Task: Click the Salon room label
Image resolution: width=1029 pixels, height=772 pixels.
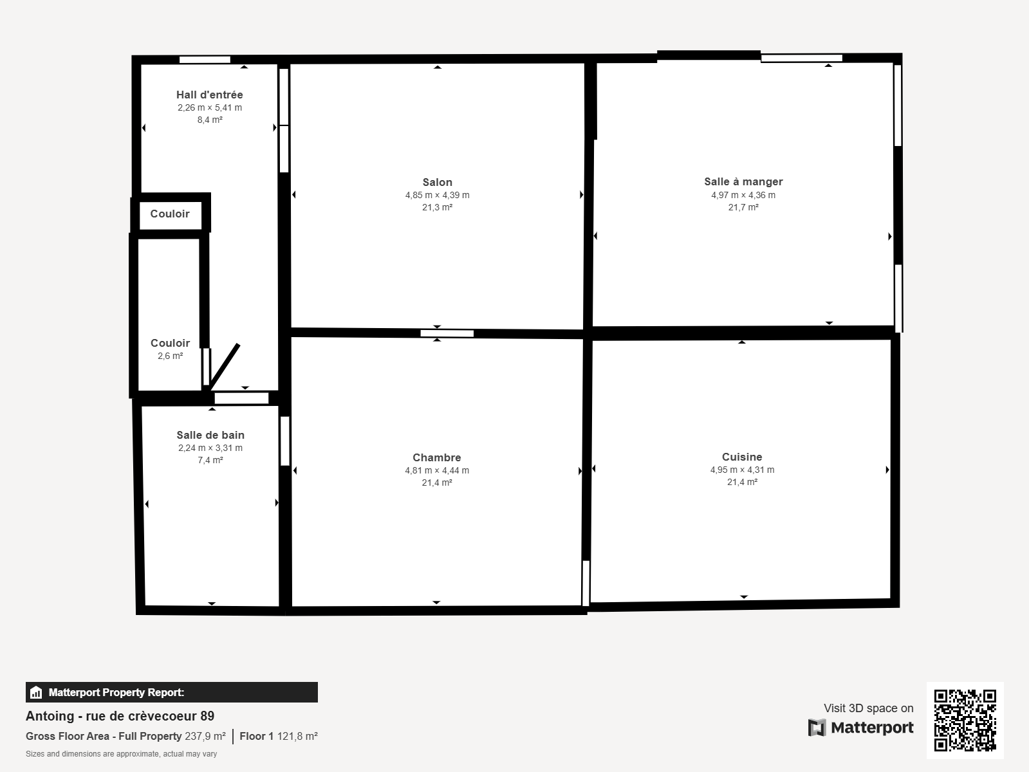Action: (438, 182)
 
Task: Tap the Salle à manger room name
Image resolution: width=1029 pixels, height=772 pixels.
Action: (743, 182)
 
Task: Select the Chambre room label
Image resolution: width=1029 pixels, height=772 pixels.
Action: (437, 457)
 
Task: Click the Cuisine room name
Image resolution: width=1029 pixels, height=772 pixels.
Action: (742, 457)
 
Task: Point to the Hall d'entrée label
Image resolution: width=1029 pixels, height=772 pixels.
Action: (210, 95)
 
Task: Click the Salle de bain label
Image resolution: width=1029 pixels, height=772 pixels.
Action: (210, 435)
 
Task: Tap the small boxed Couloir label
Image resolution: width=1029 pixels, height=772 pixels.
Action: (170, 214)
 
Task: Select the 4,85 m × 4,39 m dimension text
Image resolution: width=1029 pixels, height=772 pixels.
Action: (438, 196)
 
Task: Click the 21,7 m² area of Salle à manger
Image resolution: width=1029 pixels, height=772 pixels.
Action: (743, 207)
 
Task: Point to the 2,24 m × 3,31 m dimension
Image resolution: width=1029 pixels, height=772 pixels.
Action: (210, 448)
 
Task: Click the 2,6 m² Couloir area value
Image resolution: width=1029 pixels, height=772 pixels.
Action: (170, 356)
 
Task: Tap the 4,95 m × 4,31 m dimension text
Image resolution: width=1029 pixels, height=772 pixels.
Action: (742, 470)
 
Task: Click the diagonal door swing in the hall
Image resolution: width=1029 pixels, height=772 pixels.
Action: (224, 367)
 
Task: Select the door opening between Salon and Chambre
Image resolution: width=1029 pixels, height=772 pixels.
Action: (447, 333)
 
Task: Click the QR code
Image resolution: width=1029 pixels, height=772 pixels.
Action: (965, 721)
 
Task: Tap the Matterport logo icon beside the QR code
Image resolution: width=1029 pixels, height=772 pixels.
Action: (817, 728)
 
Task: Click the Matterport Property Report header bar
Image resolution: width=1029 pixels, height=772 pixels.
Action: (172, 692)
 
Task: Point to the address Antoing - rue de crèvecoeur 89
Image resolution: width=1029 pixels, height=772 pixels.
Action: (120, 716)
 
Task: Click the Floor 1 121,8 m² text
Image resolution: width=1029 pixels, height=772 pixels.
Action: (279, 737)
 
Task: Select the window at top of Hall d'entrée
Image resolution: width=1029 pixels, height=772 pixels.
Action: (205, 59)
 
